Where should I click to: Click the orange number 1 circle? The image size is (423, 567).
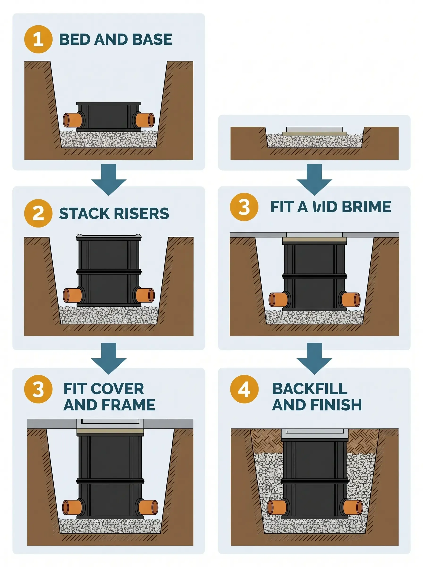38,39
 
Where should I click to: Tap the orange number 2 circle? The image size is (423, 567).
38,213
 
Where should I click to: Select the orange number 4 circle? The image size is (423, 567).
244,389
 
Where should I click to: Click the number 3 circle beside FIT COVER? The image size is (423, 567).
38,389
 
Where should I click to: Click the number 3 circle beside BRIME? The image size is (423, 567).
244,207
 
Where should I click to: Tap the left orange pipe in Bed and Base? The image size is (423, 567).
72,120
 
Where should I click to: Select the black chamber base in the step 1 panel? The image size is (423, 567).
109,116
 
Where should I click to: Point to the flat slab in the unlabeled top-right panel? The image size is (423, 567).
314,131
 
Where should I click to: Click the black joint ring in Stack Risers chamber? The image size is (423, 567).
109,272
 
